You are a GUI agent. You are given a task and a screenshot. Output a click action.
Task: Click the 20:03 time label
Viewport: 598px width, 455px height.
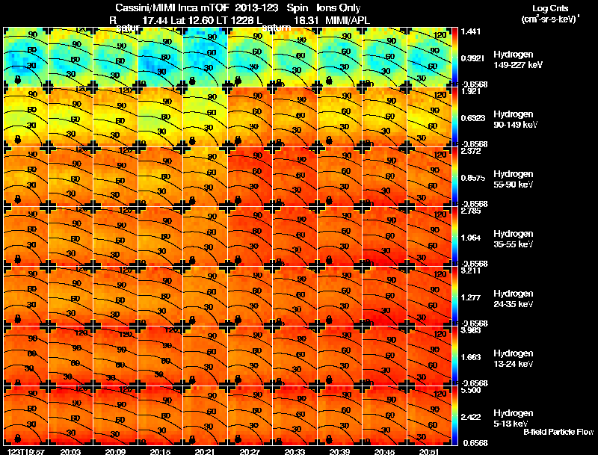(70, 451)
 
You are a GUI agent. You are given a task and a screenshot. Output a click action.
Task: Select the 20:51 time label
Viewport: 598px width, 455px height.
(429, 451)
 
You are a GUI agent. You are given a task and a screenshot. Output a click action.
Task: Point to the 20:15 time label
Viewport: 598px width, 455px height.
(160, 451)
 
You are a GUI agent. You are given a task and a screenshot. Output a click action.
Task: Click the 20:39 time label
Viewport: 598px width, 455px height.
(339, 451)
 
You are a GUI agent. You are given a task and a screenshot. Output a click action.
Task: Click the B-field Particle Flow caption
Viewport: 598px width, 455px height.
(558, 432)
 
